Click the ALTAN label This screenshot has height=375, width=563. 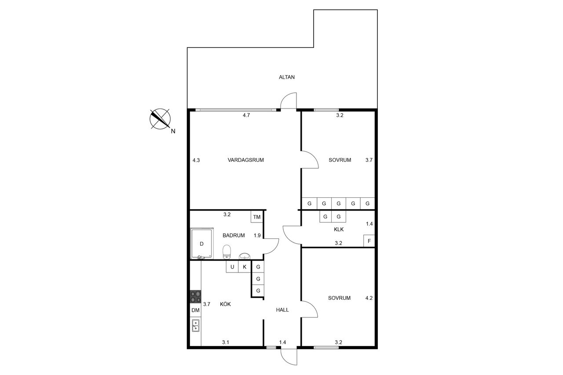(286, 77)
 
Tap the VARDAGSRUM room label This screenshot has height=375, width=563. (245, 160)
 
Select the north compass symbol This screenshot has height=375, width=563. (160, 119)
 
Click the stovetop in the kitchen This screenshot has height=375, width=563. (196, 297)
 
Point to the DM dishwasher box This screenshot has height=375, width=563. (196, 310)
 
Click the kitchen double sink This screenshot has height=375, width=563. (196, 325)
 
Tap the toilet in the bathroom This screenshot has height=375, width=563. (227, 251)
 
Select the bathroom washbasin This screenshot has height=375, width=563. (244, 256)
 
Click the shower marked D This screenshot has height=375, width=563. (202, 244)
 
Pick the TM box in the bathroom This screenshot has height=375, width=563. (256, 217)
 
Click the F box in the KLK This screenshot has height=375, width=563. (369, 241)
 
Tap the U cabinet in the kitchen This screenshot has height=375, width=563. (232, 267)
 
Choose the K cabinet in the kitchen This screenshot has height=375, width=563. (245, 267)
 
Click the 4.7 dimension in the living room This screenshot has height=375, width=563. (246, 115)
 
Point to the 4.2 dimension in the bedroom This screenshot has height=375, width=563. (369, 298)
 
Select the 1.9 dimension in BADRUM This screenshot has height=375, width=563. (257, 235)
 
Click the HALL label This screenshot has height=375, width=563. (282, 310)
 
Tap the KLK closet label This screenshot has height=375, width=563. (339, 229)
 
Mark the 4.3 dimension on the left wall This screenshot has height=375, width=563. (196, 160)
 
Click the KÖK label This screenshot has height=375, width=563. (225, 304)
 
